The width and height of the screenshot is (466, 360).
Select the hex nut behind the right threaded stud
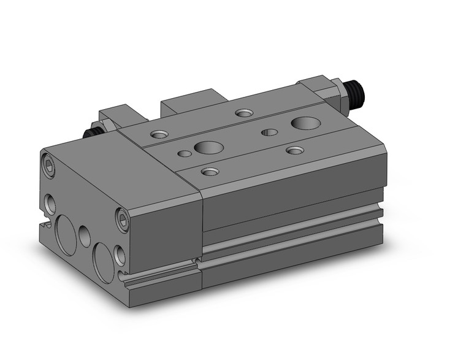pyautogui.click(x=336, y=92)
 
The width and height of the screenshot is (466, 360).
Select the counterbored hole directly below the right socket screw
pyautogui.click(x=120, y=255)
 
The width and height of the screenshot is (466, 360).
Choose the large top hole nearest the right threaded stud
pyautogui.click(x=302, y=123)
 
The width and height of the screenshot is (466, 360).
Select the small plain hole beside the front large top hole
pyautogui.click(x=183, y=153)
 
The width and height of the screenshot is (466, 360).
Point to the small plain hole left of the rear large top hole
pyautogui.click(x=268, y=131)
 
